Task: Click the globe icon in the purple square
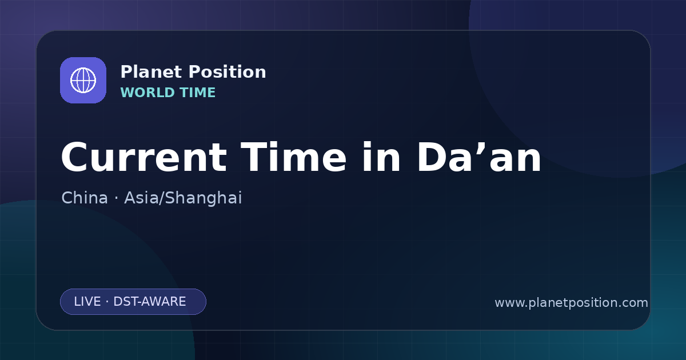[x=83, y=80]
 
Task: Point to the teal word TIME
[x=198, y=93]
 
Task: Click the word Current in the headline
[x=144, y=157]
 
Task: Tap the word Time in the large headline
[x=293, y=157]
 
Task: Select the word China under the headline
[x=85, y=198]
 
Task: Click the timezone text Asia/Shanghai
[x=183, y=198]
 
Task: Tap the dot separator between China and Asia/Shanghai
[x=116, y=198]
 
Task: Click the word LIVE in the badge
[x=87, y=302]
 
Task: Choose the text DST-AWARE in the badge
[x=150, y=302]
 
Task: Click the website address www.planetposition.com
[x=572, y=303]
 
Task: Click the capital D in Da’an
[x=432, y=157]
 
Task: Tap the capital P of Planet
[x=126, y=72]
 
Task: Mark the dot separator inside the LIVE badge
[x=107, y=302]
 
